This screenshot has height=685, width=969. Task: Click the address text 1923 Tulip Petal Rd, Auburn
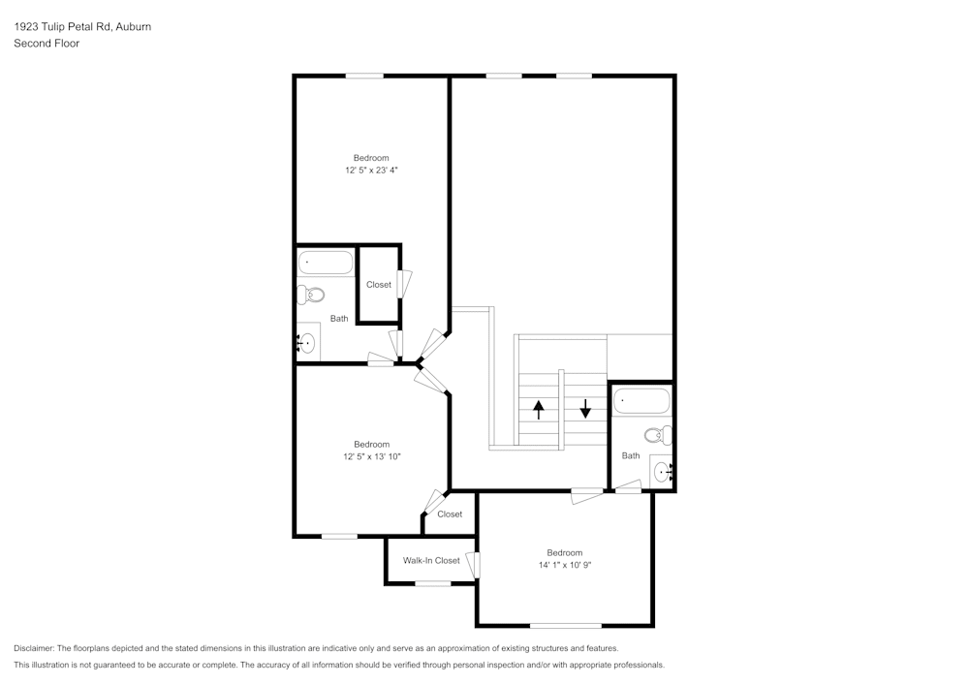click(x=82, y=27)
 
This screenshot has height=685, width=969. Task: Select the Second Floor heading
click(x=47, y=44)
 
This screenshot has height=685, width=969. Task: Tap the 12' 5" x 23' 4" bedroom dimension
click(x=371, y=171)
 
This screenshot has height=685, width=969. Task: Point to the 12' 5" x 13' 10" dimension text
click(x=371, y=456)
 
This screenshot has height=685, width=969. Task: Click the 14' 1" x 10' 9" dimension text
click(x=565, y=565)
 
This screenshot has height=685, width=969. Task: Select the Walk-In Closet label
click(x=431, y=561)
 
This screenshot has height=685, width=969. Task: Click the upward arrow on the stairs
click(x=539, y=409)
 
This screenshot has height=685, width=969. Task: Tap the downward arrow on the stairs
click(x=585, y=408)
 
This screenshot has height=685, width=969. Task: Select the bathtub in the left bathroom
click(x=326, y=263)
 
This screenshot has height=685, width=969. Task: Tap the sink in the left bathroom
click(x=307, y=343)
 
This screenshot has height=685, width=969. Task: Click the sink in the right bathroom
click(x=663, y=473)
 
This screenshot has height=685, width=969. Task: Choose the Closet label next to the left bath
click(x=379, y=285)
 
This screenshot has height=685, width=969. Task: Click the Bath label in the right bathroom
click(x=631, y=456)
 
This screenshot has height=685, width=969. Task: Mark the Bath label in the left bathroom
click(x=339, y=319)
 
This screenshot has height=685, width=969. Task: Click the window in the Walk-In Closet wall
click(x=432, y=583)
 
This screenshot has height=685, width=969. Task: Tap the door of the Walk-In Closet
click(x=473, y=565)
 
